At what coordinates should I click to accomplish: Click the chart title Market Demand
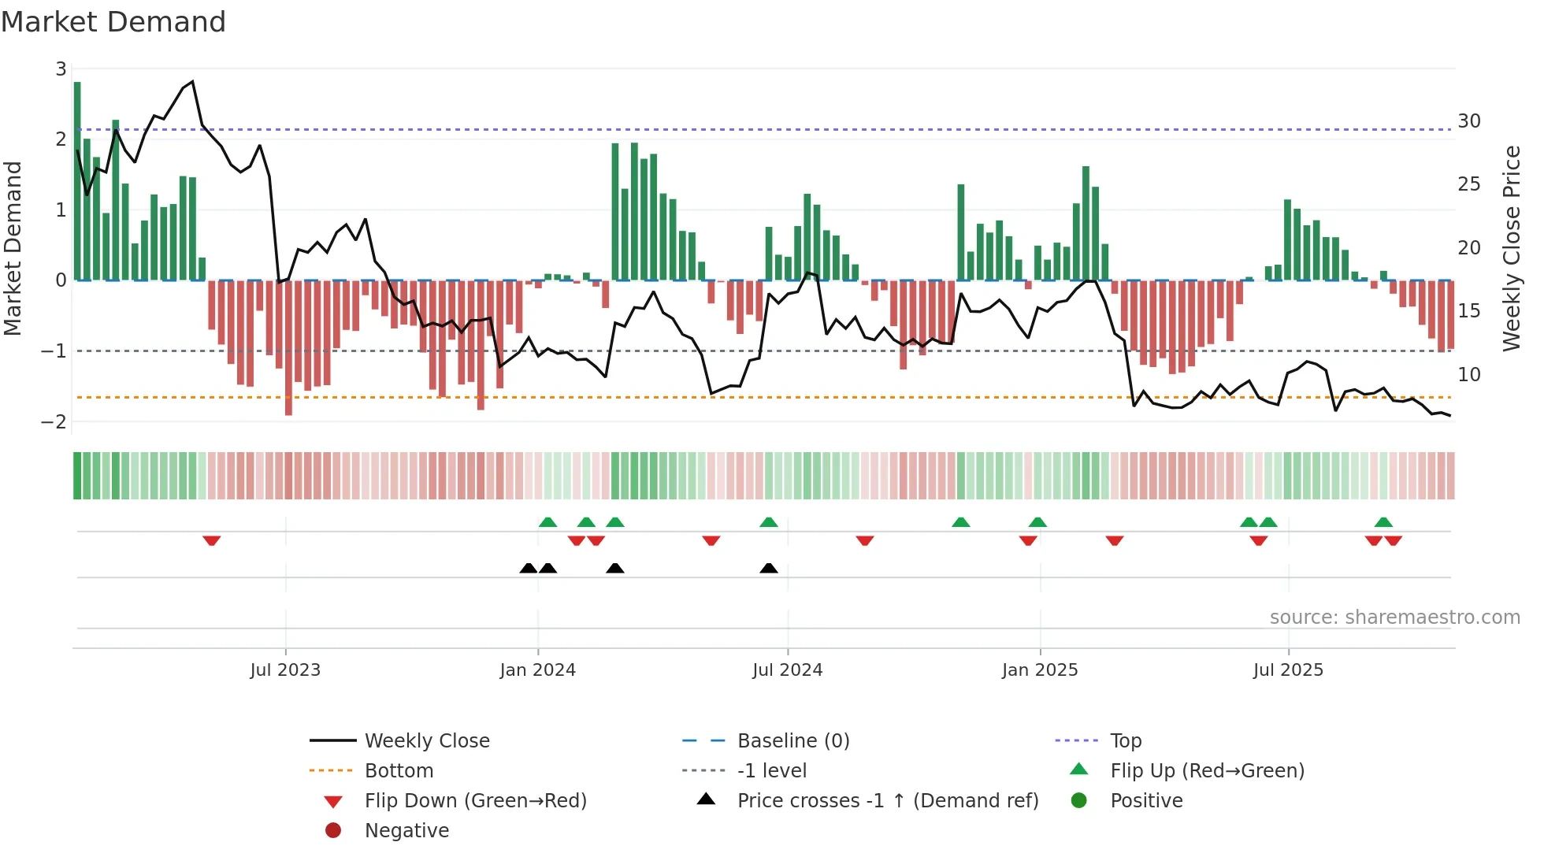click(113, 22)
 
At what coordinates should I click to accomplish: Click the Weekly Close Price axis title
click(1511, 248)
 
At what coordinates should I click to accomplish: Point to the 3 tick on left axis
click(61, 69)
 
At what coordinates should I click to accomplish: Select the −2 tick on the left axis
click(54, 421)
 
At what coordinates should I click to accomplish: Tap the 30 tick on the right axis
click(1468, 121)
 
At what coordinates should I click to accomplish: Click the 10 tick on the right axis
click(1468, 375)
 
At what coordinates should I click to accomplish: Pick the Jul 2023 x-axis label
click(285, 670)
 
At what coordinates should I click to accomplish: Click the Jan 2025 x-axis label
click(1039, 670)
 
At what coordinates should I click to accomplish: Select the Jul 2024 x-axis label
click(787, 670)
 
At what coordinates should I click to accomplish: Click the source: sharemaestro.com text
click(1394, 618)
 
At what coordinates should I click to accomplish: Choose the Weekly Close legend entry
click(426, 741)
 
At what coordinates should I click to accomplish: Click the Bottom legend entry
click(399, 771)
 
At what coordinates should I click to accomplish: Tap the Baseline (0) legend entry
click(792, 741)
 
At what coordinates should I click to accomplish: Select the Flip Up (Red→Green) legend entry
click(1207, 771)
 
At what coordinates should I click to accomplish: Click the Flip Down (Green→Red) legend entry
click(475, 801)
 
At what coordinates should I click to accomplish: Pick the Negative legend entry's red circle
click(333, 831)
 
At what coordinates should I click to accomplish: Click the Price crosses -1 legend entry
click(887, 801)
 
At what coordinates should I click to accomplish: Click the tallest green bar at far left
click(77, 181)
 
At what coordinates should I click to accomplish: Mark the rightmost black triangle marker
click(769, 569)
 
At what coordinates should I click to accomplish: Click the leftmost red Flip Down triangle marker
click(211, 540)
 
